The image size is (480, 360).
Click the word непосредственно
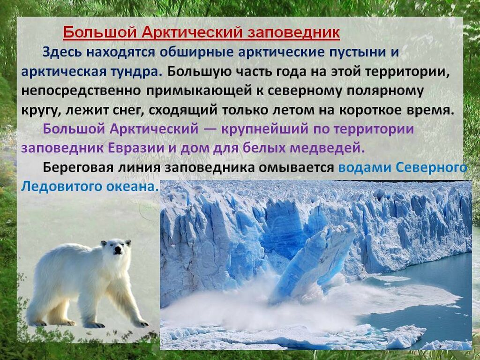(82, 91)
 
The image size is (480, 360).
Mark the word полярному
(385, 91)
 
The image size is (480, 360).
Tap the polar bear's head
(116, 248)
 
